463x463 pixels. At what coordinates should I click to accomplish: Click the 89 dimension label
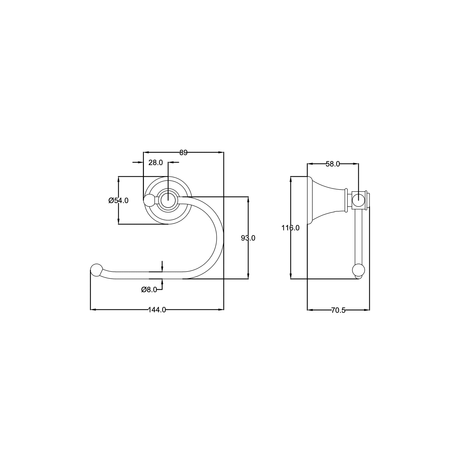coord(183,153)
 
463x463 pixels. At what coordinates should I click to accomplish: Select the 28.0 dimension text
coord(156,163)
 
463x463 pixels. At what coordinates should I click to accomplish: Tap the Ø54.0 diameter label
coord(119,200)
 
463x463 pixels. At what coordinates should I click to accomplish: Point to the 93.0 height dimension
coord(248,238)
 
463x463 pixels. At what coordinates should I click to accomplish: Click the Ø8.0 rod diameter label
coord(149,289)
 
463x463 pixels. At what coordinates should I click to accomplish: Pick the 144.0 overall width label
coord(157,310)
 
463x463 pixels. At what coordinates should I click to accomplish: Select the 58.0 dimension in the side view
coord(333,164)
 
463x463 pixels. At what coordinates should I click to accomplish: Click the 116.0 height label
coord(291,228)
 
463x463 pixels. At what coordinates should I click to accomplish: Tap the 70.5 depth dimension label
coord(338,310)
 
